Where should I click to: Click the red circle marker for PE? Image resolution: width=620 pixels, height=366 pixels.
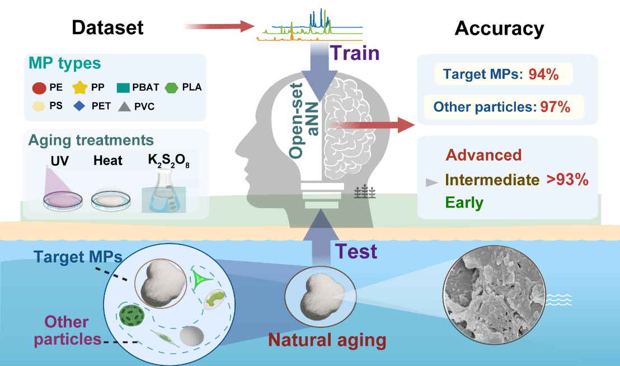point(39,88)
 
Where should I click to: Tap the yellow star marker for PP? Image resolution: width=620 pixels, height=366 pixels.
point(80,87)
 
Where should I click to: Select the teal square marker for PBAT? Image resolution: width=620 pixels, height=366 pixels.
point(123,88)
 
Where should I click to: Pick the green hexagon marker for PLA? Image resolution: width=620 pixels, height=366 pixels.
point(172,88)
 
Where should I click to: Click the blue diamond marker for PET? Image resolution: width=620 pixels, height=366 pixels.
point(79,106)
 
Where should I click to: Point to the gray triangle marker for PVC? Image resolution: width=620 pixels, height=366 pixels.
point(125,106)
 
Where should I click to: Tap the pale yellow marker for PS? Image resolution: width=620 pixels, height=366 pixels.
point(39,106)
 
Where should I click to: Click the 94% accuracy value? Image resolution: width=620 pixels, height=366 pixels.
point(544,74)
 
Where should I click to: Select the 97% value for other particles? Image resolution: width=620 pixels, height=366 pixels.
point(555,107)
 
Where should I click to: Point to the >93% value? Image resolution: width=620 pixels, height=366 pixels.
point(567,180)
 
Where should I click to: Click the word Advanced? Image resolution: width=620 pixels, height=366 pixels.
point(483,155)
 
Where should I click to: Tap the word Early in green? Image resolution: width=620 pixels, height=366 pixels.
point(464,203)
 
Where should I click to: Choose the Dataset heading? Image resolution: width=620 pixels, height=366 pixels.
point(107,27)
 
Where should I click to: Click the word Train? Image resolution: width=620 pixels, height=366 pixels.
point(355,53)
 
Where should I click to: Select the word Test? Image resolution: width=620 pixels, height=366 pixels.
point(356,251)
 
